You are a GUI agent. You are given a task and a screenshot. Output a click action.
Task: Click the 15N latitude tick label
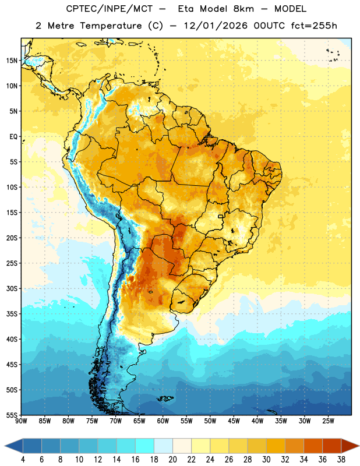[12, 61]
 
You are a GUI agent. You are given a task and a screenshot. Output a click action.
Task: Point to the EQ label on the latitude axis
[13, 137]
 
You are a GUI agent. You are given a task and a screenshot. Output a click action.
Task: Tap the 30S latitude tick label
[12, 288]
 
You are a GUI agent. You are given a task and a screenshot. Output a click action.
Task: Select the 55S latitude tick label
[12, 415]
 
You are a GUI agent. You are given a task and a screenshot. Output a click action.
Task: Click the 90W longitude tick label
[21, 421]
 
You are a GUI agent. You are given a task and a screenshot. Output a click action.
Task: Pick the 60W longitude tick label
[163, 421]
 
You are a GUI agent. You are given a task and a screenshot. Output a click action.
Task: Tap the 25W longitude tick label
[328, 421]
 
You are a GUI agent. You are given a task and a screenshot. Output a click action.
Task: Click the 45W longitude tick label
[234, 421]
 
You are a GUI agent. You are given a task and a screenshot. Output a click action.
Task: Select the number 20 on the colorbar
[172, 459]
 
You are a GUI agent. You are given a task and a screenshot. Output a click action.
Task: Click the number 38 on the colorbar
[341, 459]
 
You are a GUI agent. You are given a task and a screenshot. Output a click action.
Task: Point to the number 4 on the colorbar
[23, 459]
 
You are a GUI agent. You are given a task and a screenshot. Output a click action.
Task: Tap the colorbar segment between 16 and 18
[144, 446]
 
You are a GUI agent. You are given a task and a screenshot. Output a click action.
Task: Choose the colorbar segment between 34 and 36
[313, 446]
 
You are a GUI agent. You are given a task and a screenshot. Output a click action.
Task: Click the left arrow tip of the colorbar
[5, 446]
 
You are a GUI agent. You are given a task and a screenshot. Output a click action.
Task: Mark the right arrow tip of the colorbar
[359, 446]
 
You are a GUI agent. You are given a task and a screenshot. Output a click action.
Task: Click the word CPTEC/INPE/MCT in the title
[110, 9]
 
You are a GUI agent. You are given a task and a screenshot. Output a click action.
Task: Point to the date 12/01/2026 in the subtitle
[216, 26]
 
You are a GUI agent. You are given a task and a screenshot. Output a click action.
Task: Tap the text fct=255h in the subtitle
[314, 26]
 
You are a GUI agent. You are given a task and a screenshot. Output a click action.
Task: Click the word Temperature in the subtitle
[111, 26]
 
